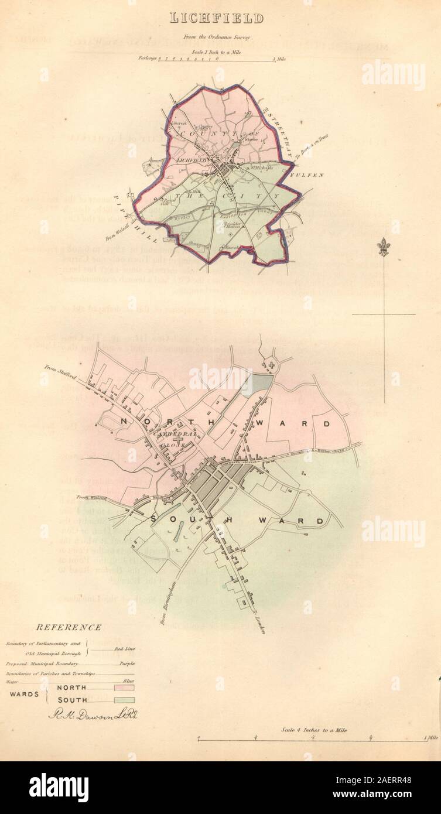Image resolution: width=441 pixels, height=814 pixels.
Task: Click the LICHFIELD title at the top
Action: (x=217, y=19)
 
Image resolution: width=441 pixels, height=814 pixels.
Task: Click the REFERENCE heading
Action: (x=69, y=627)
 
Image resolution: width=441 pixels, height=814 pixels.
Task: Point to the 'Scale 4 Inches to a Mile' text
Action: (x=314, y=730)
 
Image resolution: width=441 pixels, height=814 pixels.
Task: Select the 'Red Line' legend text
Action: (x=122, y=650)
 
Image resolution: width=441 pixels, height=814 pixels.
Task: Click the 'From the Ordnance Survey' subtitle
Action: (x=217, y=37)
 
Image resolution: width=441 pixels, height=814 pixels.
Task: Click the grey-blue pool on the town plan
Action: (x=260, y=384)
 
